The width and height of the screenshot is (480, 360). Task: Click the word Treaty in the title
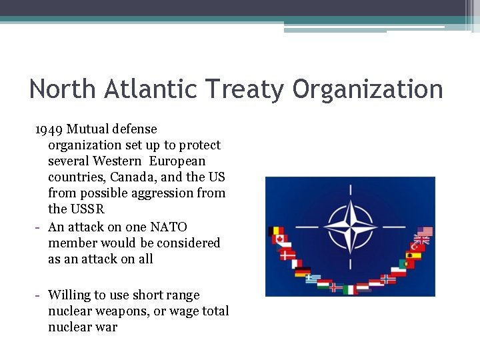(x=243, y=89)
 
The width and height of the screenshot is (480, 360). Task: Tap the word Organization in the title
(x=367, y=89)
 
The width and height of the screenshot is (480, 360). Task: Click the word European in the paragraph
(x=177, y=161)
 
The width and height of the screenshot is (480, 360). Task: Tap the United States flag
(x=425, y=232)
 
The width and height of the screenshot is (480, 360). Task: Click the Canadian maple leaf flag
(x=279, y=239)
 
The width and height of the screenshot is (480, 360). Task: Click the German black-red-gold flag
(x=303, y=272)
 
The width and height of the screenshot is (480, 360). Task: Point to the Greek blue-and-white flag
(x=313, y=279)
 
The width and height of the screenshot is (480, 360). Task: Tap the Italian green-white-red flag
(x=351, y=289)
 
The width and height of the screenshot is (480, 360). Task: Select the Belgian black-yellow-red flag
(x=275, y=231)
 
